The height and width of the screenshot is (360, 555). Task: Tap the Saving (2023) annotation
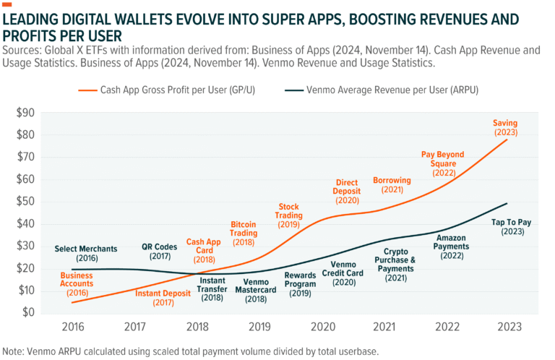click(x=506, y=128)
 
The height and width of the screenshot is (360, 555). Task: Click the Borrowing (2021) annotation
click(x=392, y=184)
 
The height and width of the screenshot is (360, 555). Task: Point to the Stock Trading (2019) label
click(x=288, y=215)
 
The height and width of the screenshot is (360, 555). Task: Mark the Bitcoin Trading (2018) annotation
click(x=243, y=233)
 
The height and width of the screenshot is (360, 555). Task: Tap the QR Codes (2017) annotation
click(x=160, y=252)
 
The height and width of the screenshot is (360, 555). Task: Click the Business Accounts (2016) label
click(x=77, y=285)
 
